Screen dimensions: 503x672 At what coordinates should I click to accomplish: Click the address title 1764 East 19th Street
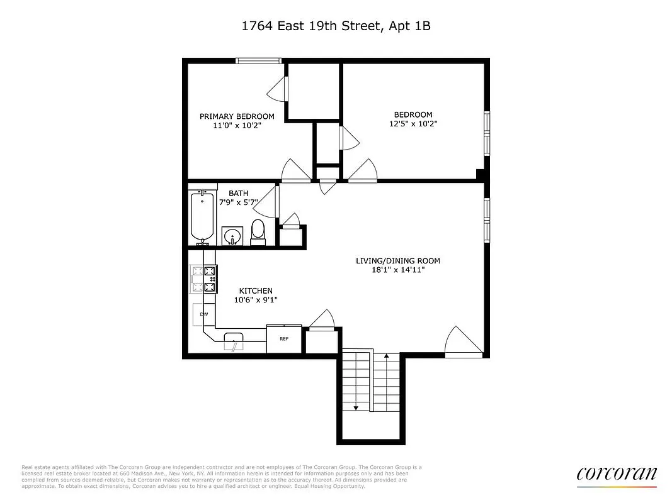coord(336,26)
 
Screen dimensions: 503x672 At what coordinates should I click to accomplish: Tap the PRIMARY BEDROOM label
coord(237,116)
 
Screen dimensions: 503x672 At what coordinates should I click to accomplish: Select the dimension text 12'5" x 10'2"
coord(413,124)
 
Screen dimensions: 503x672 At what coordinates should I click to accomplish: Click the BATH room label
coord(238,193)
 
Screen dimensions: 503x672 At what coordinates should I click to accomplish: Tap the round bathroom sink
coord(232,236)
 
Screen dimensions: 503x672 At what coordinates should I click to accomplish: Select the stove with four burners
coord(203,279)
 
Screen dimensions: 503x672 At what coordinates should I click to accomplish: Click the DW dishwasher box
coord(203,314)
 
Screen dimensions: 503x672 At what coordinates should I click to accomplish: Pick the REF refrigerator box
coord(284,339)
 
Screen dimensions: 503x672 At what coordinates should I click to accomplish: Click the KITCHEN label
coord(256,290)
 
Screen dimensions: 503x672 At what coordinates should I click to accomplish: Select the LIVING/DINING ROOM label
coord(398,261)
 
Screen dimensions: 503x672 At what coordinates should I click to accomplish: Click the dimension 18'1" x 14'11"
coord(398,270)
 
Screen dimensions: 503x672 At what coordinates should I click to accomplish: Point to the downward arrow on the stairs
coord(356,408)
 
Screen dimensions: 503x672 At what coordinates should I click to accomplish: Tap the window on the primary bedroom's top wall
coord(258,60)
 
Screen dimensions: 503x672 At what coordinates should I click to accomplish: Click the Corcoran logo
coord(617,474)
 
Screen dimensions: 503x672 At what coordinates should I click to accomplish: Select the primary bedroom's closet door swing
coord(278,92)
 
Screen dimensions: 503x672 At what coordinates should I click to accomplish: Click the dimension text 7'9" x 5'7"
coord(238,202)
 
